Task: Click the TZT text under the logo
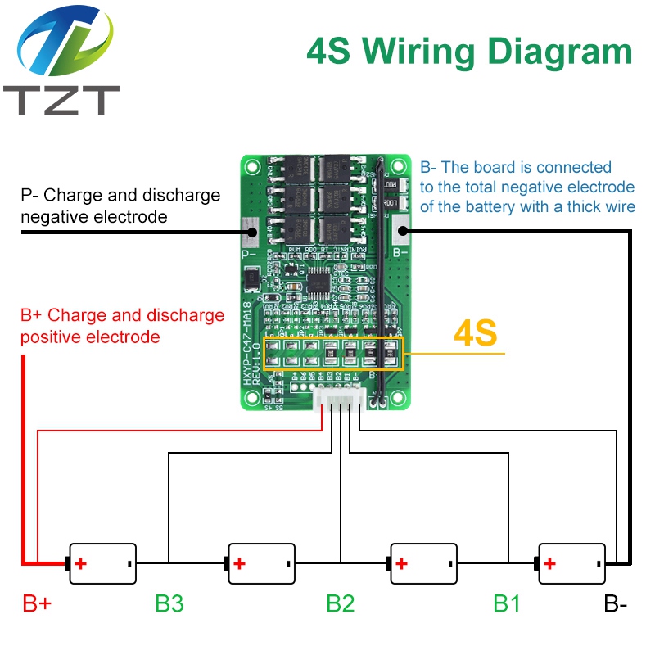(x=61, y=101)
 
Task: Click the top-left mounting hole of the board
(x=253, y=168)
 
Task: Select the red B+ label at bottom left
(x=37, y=604)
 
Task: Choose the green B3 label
(x=169, y=604)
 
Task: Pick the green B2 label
(x=341, y=604)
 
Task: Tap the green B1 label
(x=507, y=604)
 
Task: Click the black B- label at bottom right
(x=616, y=604)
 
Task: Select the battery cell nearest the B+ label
(x=102, y=563)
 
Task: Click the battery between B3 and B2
(x=260, y=563)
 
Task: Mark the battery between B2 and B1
(x=422, y=563)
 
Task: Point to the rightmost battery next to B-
(x=571, y=563)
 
